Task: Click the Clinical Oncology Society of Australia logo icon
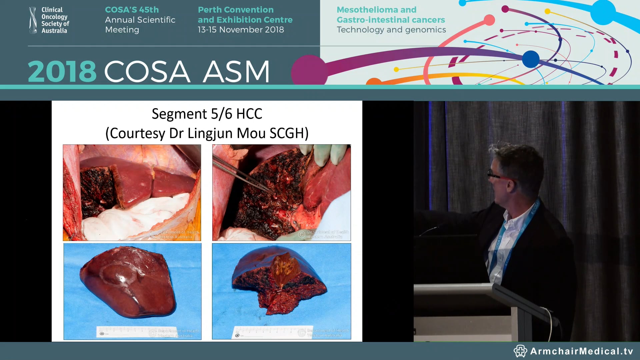(x=33, y=20)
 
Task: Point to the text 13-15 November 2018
(x=241, y=30)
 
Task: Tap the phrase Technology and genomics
(x=391, y=30)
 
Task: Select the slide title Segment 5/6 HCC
(x=207, y=114)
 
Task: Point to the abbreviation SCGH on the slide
(x=289, y=133)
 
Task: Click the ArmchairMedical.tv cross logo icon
(x=520, y=351)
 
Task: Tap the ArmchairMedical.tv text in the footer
(x=581, y=351)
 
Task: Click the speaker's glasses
(x=497, y=175)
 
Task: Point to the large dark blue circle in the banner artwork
(x=531, y=59)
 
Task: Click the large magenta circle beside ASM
(x=309, y=71)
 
